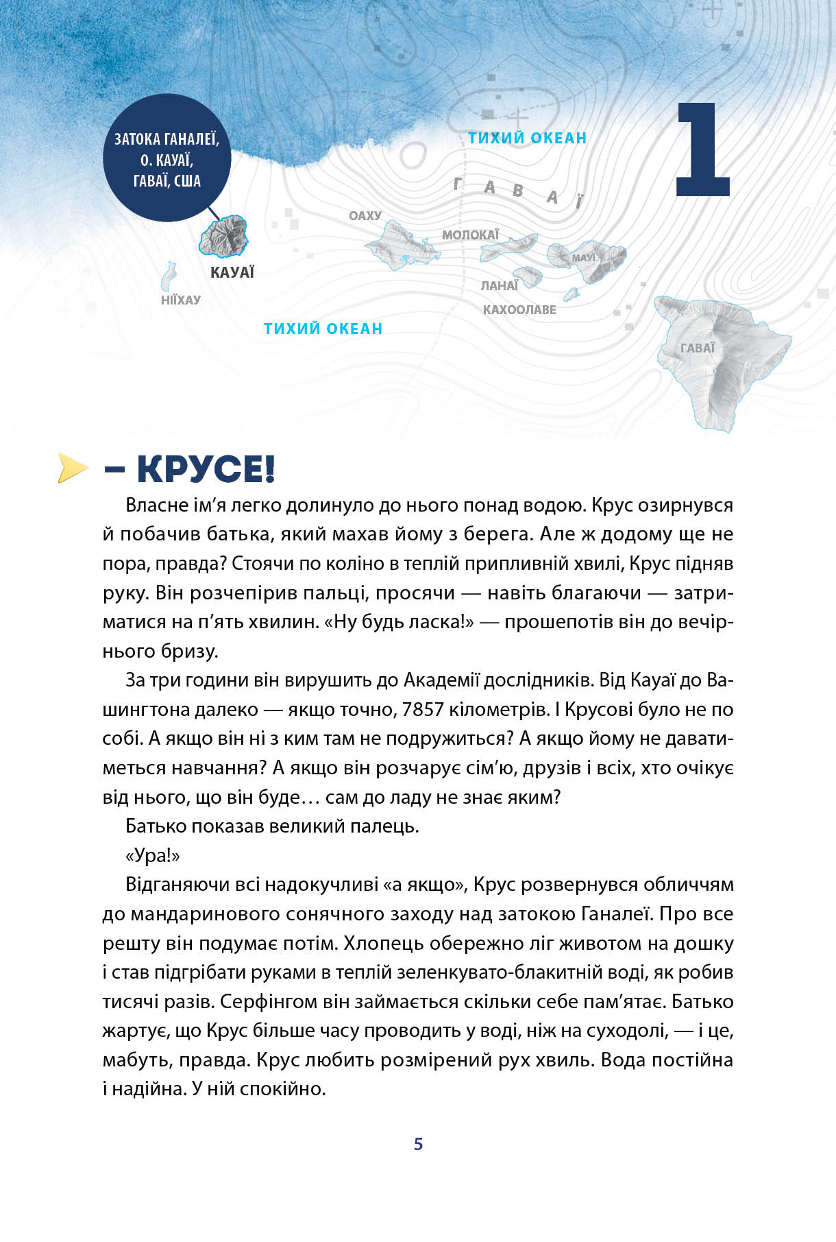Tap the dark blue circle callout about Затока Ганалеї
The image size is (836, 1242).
[x=167, y=158]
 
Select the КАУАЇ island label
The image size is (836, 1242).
[x=232, y=273]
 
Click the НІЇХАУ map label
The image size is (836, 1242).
[x=181, y=300]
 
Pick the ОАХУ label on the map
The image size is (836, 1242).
[x=365, y=215]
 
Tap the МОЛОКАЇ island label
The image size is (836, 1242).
[x=470, y=235]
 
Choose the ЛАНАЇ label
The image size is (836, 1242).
[x=499, y=285]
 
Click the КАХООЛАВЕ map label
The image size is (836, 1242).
[x=519, y=309]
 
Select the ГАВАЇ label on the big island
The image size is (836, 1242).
[x=698, y=348]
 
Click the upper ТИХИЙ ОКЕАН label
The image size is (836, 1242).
[x=527, y=138]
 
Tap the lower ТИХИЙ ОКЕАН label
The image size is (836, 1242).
[x=323, y=329]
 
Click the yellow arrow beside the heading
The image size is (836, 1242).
[x=73, y=468]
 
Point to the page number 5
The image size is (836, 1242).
[x=418, y=1144]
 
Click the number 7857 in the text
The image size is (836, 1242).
[x=423, y=709]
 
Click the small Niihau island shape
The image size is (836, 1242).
[x=169, y=276]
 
